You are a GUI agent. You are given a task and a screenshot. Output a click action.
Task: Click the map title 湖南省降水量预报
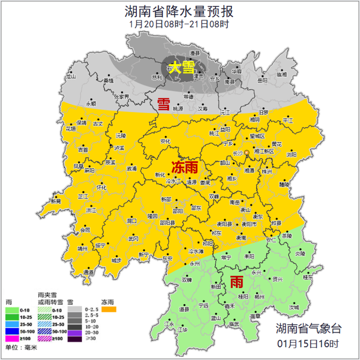(x=179, y=11)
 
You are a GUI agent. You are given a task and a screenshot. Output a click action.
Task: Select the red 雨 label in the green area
(x=237, y=282)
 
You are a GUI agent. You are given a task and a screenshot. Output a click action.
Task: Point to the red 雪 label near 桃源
(x=163, y=104)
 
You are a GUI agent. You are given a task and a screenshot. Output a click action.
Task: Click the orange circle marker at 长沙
(x=247, y=153)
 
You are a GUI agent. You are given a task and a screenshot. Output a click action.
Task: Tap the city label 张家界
(x=121, y=97)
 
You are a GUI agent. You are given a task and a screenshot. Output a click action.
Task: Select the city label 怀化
(x=101, y=188)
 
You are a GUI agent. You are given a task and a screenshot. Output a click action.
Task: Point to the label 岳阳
(x=262, y=80)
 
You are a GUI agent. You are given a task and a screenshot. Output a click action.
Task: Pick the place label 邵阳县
(x=168, y=223)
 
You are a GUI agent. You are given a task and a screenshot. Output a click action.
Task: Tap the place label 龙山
(x=71, y=76)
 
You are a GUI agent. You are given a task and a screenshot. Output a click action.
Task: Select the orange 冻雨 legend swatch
(x=109, y=310)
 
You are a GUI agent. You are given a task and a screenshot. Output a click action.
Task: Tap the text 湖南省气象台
(x=308, y=328)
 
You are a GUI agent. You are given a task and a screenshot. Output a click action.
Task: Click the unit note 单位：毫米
(x=21, y=348)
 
